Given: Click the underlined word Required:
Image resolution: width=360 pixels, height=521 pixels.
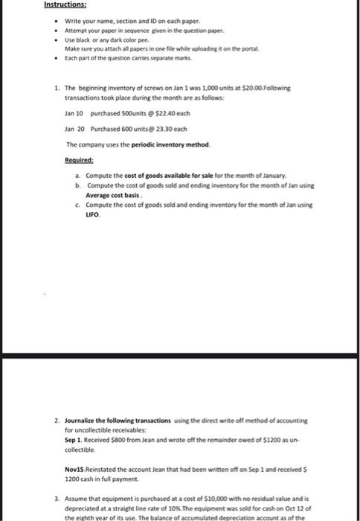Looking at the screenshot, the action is (79, 158).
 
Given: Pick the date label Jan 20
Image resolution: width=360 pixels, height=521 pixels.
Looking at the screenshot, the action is (75, 128).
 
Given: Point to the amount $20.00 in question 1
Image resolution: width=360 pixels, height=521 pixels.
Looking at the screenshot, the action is (247, 87).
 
